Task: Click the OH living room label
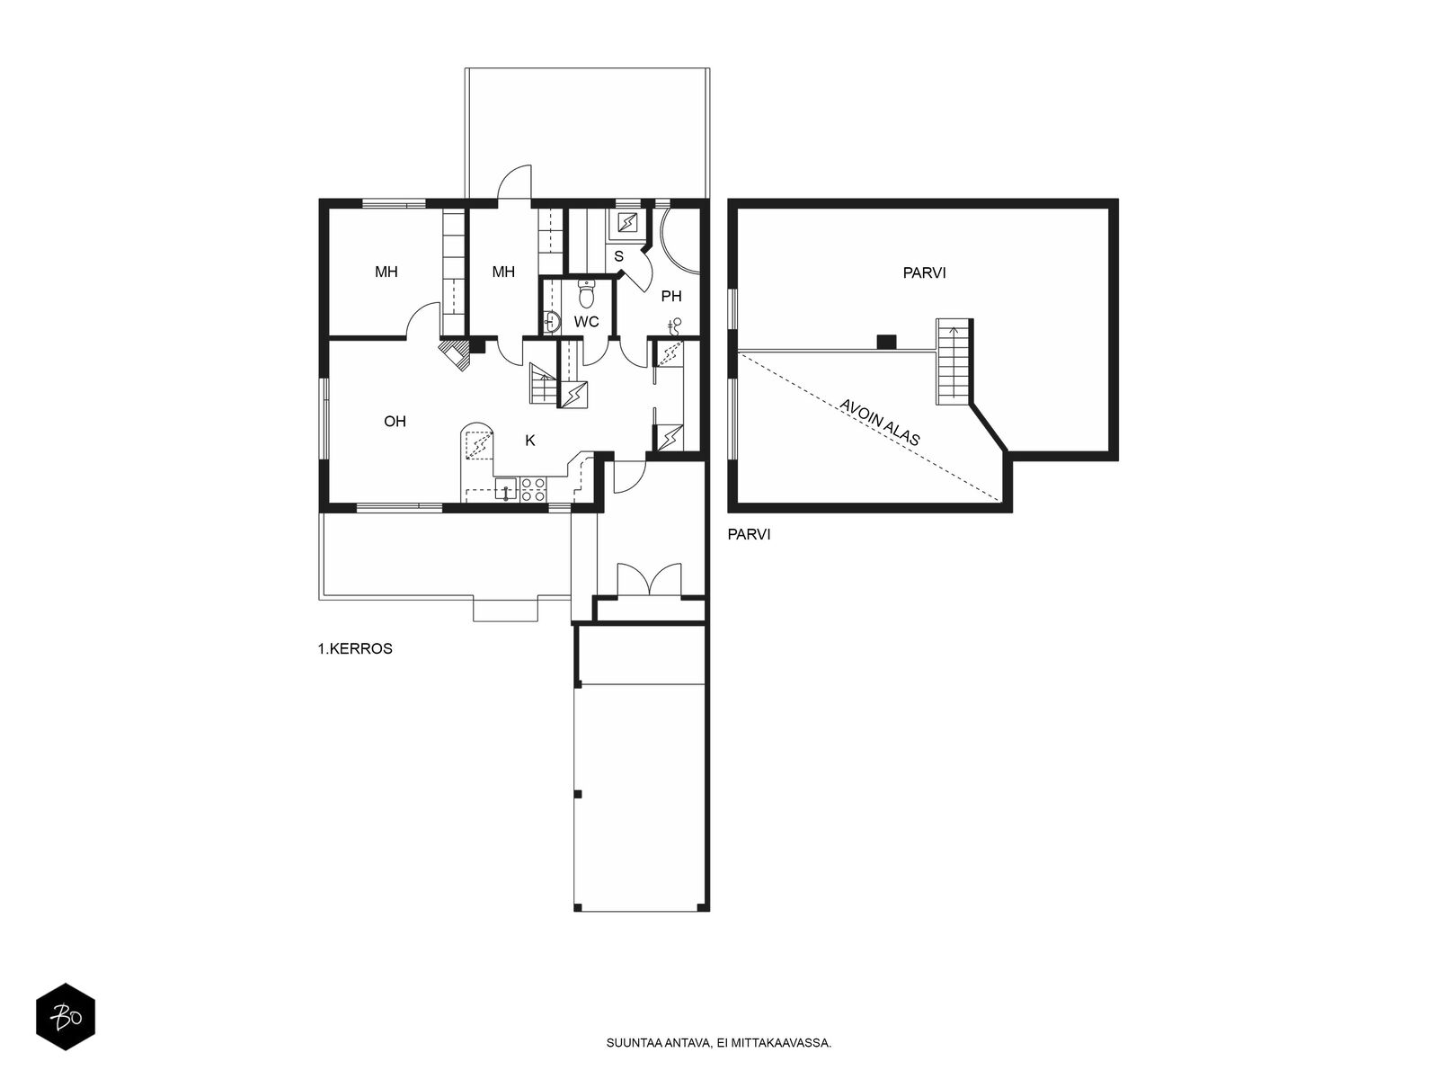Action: [x=395, y=421]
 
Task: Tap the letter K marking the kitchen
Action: [x=530, y=441]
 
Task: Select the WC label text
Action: [x=586, y=322]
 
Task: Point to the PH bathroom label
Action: [x=671, y=296]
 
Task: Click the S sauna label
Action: [x=618, y=257]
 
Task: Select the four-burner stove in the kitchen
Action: [x=533, y=490]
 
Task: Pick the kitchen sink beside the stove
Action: [x=506, y=489]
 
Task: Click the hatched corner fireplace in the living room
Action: [x=456, y=353]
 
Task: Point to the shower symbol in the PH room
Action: [x=676, y=325]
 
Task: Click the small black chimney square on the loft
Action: [x=886, y=342]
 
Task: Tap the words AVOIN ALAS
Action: [x=880, y=423]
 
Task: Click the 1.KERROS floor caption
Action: [x=355, y=648]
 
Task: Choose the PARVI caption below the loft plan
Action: [x=749, y=535]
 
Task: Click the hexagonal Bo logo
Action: [x=66, y=1017]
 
